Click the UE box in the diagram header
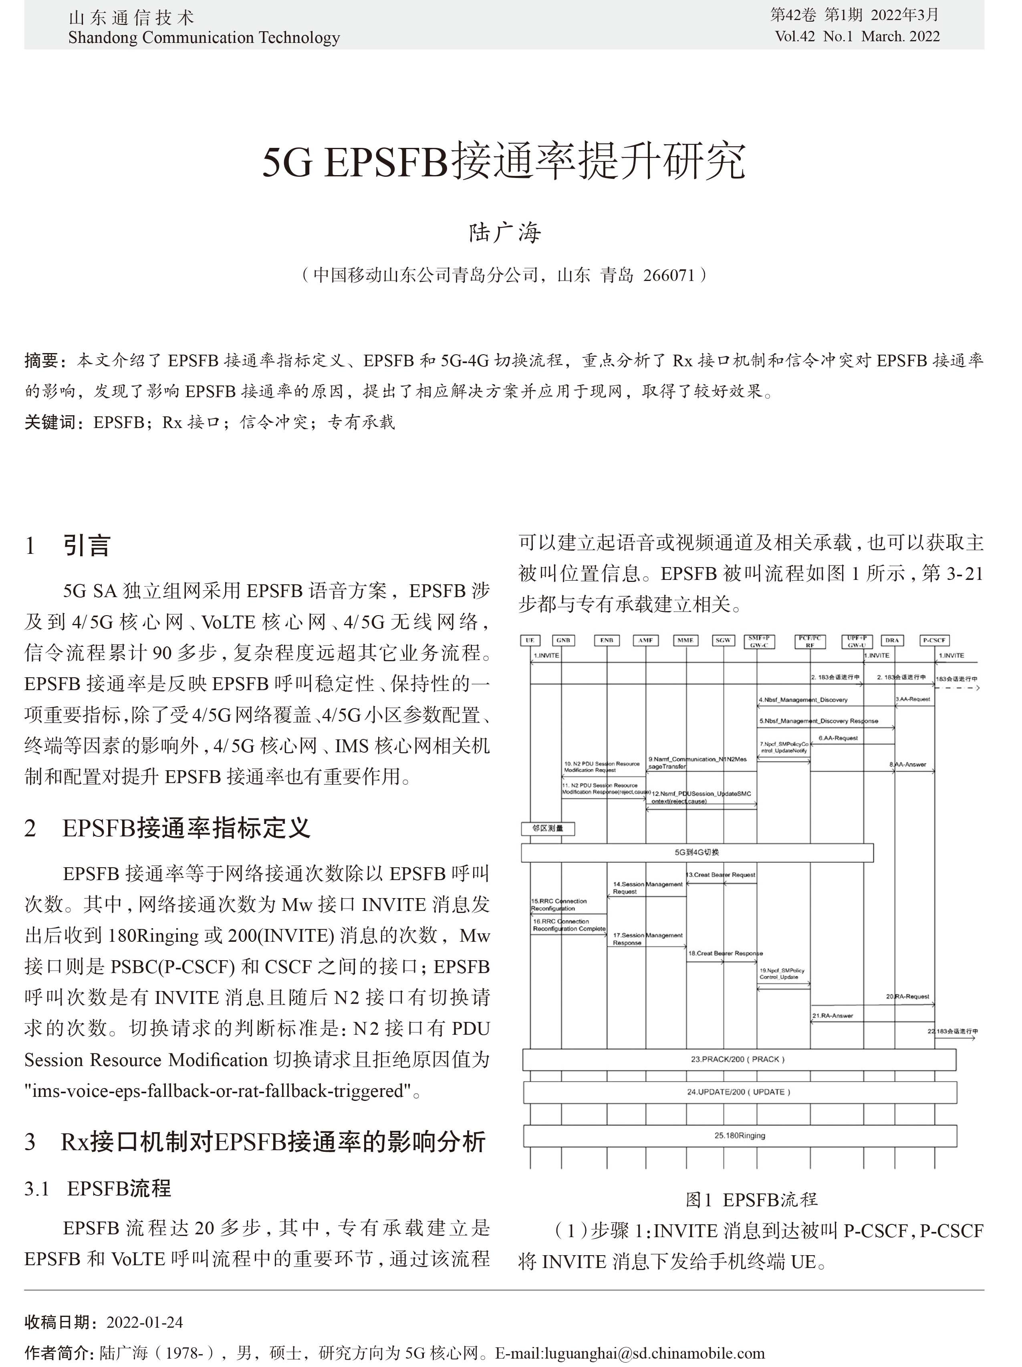click(530, 640)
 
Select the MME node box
click(685, 640)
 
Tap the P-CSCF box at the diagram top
click(934, 640)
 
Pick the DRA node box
click(892, 640)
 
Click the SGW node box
click(723, 640)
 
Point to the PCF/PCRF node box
click(809, 642)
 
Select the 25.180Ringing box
click(740, 1136)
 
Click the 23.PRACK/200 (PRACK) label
click(738, 1059)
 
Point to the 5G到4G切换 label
click(697, 852)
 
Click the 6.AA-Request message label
click(838, 738)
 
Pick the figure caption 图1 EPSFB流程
click(751, 1199)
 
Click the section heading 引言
click(87, 546)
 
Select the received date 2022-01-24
click(145, 1322)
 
